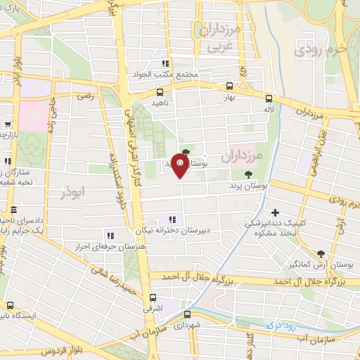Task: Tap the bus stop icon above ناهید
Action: tap(160, 91)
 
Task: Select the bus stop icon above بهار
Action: tap(229, 87)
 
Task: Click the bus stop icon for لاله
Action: tap(269, 99)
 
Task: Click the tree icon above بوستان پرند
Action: tap(247, 175)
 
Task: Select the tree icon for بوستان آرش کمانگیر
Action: tap(321, 253)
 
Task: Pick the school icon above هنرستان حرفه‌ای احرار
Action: tap(109, 236)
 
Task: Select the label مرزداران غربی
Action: tap(219, 39)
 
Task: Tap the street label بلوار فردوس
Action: tap(59, 351)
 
